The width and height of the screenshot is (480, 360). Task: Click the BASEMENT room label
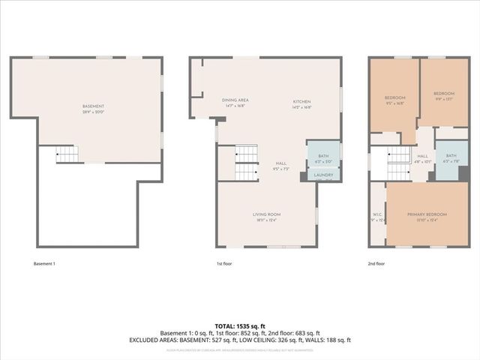[94, 107]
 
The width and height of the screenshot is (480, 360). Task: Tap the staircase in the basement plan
[67, 154]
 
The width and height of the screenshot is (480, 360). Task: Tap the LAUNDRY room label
[323, 175]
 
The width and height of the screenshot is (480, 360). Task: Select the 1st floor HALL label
[280, 164]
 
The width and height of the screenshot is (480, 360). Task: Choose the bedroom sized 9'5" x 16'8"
[394, 99]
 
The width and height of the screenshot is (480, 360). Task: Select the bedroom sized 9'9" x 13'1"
[443, 97]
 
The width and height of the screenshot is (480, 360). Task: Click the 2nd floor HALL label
[422, 157]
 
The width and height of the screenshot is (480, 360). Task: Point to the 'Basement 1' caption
[44, 264]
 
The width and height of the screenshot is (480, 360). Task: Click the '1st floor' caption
[225, 264]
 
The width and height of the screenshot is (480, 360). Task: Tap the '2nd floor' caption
[376, 264]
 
